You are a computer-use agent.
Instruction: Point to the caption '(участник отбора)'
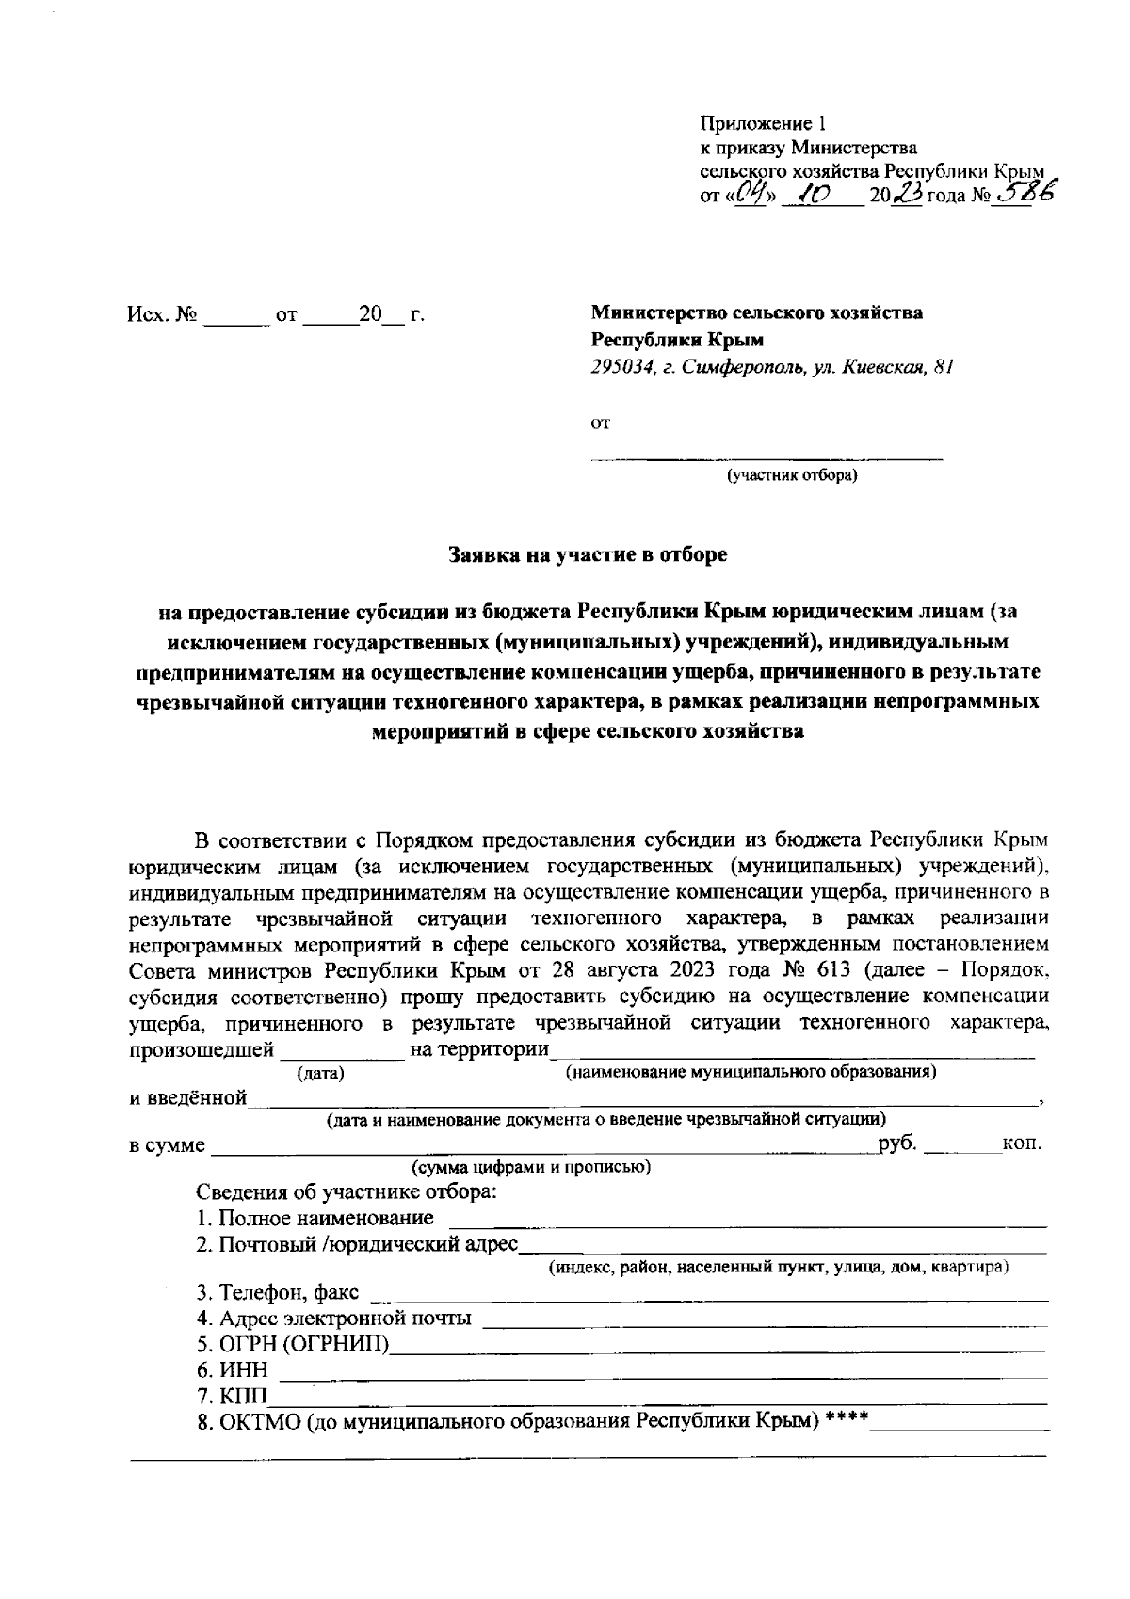coord(790,474)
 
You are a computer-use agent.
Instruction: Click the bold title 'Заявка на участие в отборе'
coord(589,554)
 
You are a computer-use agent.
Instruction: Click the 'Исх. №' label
coord(161,315)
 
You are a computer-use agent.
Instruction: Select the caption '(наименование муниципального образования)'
coord(749,1071)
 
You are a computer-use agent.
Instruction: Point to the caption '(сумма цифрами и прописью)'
coord(531,1168)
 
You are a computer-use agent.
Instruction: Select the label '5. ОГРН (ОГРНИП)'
coord(293,1343)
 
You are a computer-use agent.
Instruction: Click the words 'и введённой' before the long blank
coord(188,1097)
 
